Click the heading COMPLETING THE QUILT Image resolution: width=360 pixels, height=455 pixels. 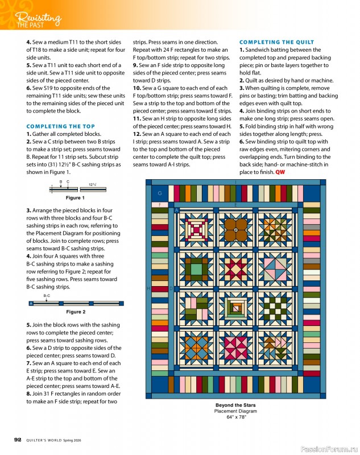click(276, 42)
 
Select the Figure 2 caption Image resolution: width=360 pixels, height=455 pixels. click(76, 312)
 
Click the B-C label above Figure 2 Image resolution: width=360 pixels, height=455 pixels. click(47, 296)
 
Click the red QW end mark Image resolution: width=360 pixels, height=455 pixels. click(280, 172)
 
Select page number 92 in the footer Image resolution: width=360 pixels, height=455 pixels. click(18, 439)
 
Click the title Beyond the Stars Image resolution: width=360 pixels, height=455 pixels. click(235, 405)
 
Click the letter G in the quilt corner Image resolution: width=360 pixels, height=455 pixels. click(160, 193)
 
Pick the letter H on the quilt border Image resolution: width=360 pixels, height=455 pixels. click(149, 289)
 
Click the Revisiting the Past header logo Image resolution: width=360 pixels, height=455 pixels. click(37, 18)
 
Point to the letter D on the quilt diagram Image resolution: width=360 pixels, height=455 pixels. click(171, 289)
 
